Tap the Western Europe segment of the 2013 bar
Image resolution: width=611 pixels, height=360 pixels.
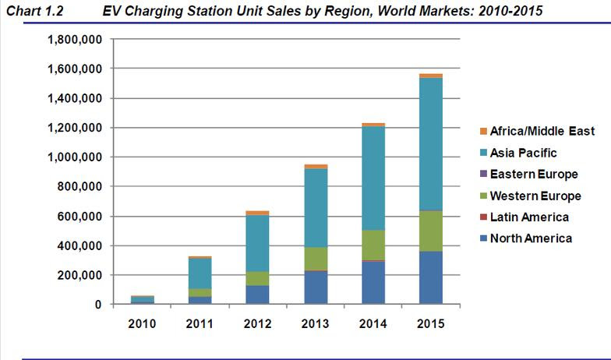[x=316, y=258]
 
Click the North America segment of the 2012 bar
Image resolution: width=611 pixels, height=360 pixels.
[x=258, y=295]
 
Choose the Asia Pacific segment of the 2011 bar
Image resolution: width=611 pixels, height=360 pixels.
[x=200, y=273]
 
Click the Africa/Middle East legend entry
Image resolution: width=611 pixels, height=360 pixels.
[x=542, y=131]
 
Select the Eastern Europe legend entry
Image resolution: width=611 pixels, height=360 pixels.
[x=534, y=174]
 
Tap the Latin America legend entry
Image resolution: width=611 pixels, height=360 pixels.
[x=530, y=217]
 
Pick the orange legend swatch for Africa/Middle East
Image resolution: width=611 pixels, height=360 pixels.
[x=482, y=131]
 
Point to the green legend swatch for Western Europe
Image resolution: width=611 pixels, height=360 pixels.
[x=482, y=196]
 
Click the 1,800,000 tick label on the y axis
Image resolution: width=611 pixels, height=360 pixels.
[x=75, y=40]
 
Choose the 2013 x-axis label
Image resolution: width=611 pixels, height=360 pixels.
[x=316, y=323]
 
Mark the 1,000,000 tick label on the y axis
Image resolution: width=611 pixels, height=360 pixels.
[x=75, y=157]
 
